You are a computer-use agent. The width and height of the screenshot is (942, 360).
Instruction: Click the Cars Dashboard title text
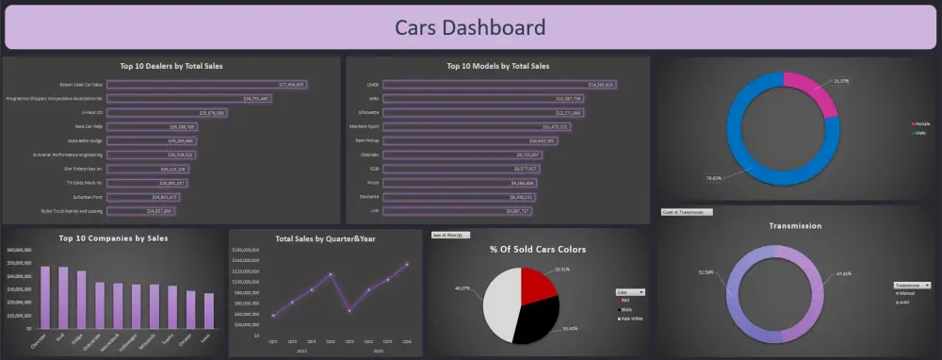tap(469, 26)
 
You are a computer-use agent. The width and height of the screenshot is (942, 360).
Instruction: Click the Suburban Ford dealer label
tap(85, 197)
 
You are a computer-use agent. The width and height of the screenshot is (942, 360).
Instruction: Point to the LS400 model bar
tap(500, 84)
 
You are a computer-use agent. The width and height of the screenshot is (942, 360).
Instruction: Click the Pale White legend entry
tap(633, 319)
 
